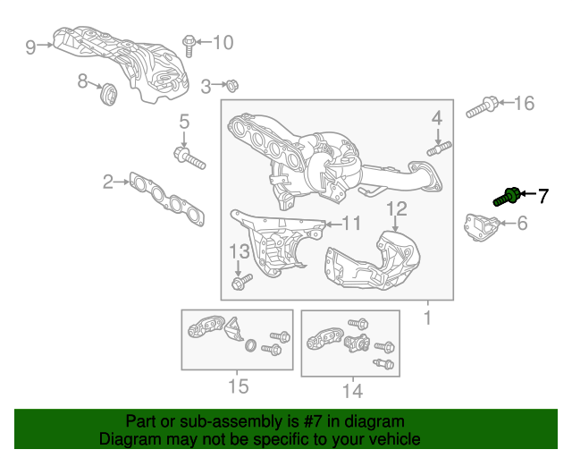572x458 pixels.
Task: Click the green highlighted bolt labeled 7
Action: pos(507,197)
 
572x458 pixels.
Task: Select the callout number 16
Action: pos(525,104)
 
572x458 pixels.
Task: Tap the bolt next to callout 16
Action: pos(482,107)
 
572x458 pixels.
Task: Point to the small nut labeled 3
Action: pos(231,86)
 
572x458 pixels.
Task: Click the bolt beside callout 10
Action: pos(189,46)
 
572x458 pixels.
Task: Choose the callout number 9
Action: pos(30,47)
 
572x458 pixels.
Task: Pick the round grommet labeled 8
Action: pos(108,94)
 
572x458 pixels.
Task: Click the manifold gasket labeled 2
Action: pos(167,199)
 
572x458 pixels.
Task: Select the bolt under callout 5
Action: pos(189,157)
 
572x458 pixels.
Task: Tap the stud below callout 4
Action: pos(439,149)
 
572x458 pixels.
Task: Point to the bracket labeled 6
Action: pos(481,227)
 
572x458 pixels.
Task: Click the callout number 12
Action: pos(396,209)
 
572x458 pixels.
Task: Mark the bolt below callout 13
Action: pos(242,282)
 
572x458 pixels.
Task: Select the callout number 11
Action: pos(350,224)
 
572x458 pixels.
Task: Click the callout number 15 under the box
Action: pos(239,386)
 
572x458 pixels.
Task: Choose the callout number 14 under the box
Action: pos(352,391)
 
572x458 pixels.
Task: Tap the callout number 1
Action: pos(427,318)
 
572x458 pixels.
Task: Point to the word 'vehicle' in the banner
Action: pos(398,438)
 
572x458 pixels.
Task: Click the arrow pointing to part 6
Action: pos(508,223)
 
